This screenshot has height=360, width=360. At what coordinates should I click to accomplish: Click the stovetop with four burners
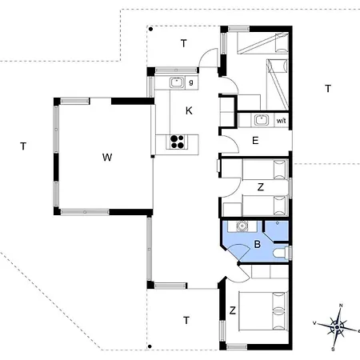point(177,142)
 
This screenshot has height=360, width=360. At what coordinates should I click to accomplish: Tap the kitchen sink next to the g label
point(177,82)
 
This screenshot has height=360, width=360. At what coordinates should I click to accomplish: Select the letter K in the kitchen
point(189,110)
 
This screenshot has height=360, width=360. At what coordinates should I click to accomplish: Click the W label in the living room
point(107,158)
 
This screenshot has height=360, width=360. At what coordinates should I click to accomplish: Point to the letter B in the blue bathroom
point(258,244)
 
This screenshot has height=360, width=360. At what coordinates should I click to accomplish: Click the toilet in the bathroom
point(282,253)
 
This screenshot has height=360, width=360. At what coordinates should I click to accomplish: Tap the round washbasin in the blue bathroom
point(242,226)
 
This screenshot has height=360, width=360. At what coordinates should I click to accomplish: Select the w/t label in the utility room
point(281,121)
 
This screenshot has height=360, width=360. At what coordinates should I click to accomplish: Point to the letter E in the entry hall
point(255,141)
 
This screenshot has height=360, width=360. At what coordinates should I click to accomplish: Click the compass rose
point(338,327)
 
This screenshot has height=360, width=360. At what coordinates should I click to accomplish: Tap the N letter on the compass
point(341,306)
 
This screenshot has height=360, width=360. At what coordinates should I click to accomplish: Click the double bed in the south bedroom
point(263,311)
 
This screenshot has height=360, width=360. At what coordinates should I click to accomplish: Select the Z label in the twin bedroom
point(261,187)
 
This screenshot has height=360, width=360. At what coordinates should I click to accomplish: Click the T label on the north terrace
point(184,43)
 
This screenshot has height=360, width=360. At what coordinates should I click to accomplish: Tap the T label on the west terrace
point(23,146)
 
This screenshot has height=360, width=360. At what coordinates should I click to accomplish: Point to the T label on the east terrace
point(328,88)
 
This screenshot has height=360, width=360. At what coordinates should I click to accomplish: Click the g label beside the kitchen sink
point(191,82)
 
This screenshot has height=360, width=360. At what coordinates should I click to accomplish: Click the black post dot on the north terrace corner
point(150,29)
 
